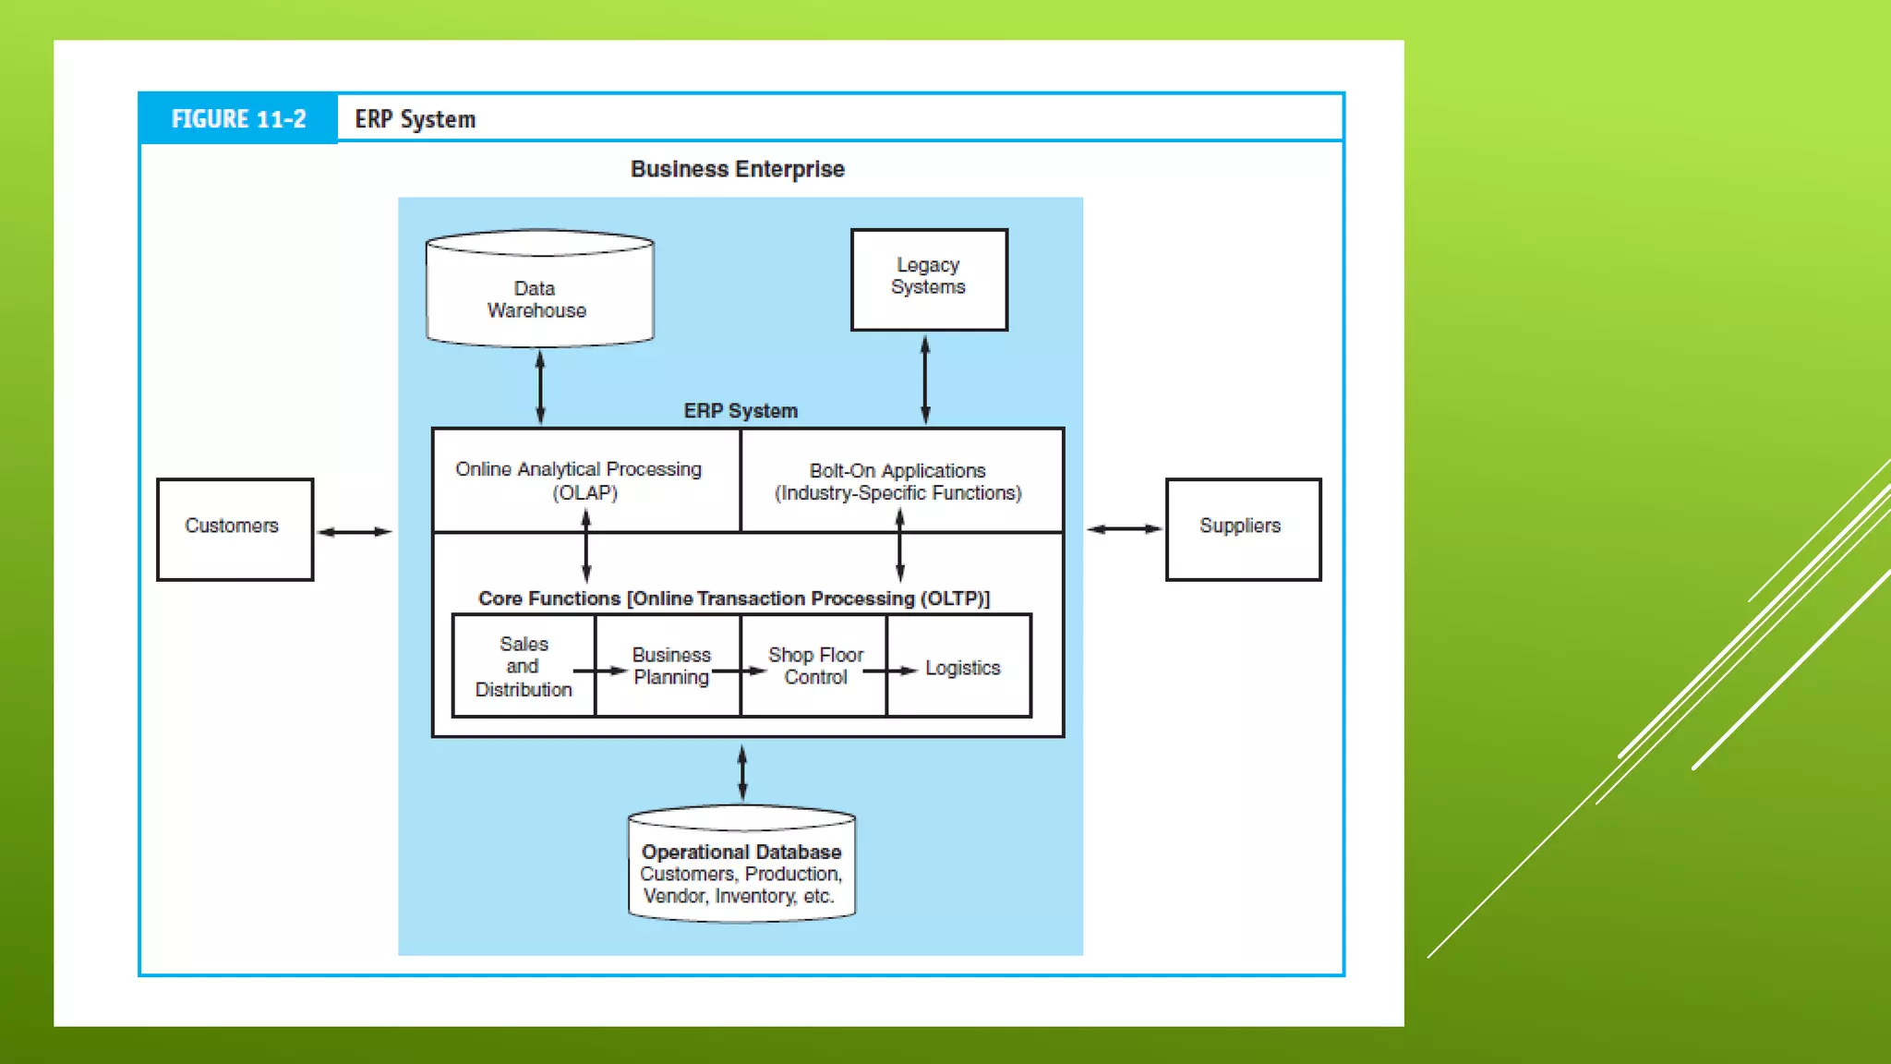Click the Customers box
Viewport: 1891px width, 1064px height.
(235, 529)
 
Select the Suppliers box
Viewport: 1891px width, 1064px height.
(1244, 529)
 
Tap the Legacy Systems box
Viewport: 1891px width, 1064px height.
(929, 280)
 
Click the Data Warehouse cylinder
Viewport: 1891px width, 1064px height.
(540, 288)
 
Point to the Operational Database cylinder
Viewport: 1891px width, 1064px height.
(742, 864)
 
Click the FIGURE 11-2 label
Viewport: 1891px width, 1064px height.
(238, 119)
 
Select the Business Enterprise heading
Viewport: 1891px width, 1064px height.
(738, 169)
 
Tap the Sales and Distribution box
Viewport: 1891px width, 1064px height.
(524, 666)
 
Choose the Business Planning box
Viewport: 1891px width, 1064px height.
(668, 666)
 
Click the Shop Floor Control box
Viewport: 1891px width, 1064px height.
(814, 666)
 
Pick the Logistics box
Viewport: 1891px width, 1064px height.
(959, 666)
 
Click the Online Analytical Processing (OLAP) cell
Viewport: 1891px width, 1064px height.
(586, 480)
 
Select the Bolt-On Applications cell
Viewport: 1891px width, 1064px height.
(902, 480)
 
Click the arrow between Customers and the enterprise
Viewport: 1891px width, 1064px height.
(355, 532)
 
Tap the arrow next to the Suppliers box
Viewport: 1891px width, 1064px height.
(1125, 529)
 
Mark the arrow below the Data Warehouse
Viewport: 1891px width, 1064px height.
(540, 387)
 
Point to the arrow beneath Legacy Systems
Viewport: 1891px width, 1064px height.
(925, 380)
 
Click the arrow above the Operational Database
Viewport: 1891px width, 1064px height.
(742, 773)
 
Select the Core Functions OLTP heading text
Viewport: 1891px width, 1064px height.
(734, 598)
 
